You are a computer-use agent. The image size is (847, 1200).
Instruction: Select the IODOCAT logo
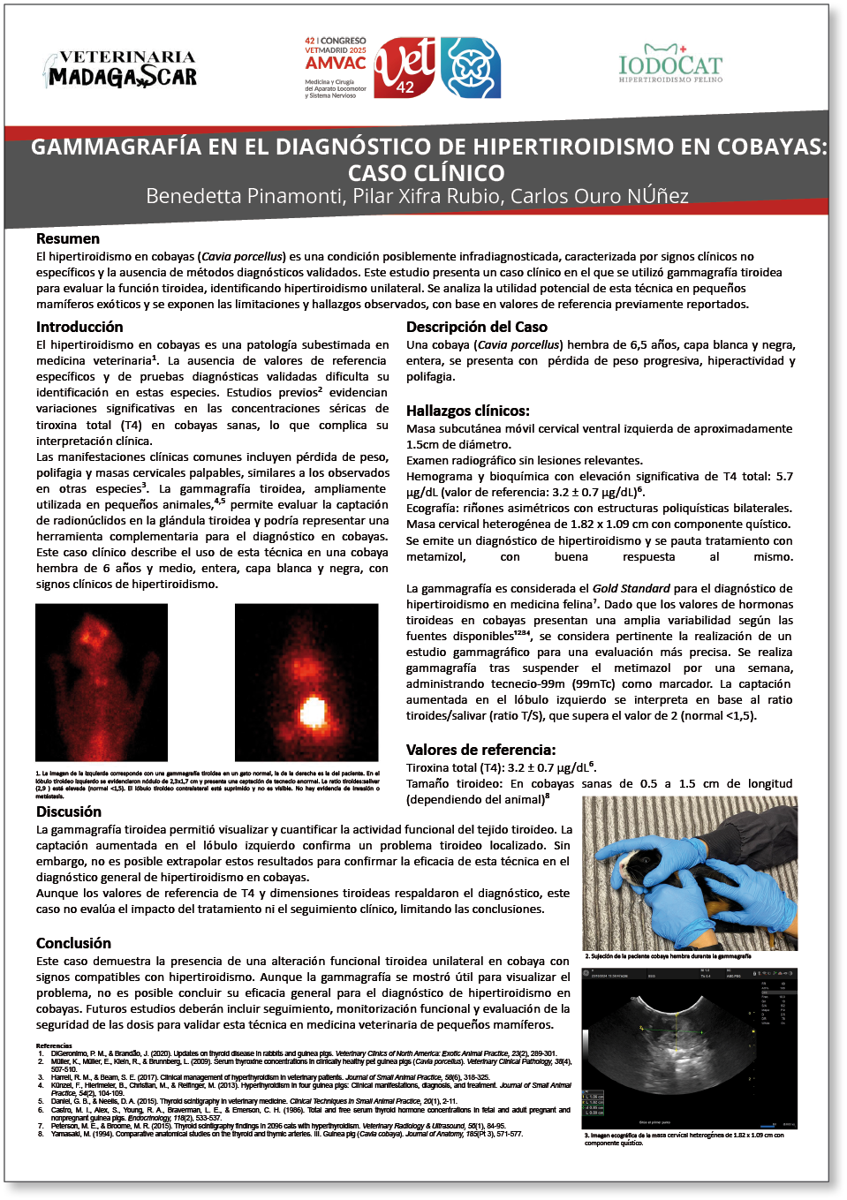coord(670,64)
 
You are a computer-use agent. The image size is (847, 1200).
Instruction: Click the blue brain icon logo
coord(471,68)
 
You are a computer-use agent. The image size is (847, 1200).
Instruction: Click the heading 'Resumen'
coord(68,238)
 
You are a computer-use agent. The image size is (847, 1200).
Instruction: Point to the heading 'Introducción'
coord(79,327)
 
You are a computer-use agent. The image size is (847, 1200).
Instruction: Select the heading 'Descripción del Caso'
coord(477,327)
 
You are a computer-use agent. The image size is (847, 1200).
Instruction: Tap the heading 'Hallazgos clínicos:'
coord(468,411)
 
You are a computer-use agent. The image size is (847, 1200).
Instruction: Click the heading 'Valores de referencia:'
coord(481,750)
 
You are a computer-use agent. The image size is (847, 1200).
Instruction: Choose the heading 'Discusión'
coord(69,811)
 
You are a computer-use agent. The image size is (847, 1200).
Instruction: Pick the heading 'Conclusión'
coord(74,943)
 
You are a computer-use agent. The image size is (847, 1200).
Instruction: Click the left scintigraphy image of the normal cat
coord(102,682)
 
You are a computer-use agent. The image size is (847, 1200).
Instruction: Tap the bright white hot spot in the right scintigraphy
coord(313,711)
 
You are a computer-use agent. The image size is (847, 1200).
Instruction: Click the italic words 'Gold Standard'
coord(631,588)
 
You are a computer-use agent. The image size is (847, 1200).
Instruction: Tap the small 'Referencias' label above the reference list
coord(54,1045)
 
